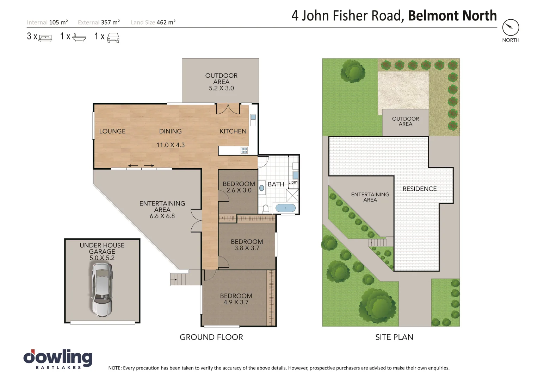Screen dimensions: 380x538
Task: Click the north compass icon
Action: click(511, 27)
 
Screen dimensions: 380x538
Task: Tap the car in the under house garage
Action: click(102, 289)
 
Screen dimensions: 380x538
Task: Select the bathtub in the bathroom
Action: click(285, 208)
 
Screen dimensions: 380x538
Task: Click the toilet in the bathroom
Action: click(266, 209)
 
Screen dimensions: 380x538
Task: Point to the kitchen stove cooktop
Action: click(244, 151)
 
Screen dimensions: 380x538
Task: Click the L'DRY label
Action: click(293, 183)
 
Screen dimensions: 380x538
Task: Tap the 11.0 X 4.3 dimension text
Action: click(171, 145)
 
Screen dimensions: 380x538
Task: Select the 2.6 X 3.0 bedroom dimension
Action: click(239, 190)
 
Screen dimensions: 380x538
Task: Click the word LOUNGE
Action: click(112, 131)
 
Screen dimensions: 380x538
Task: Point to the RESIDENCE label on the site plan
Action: click(419, 189)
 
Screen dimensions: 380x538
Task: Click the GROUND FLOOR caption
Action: click(211, 337)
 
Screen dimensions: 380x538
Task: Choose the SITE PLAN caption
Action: click(394, 337)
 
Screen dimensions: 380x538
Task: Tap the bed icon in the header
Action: click(45, 38)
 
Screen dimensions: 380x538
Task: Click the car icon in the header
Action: click(113, 37)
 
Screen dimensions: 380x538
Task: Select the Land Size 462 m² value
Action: click(166, 22)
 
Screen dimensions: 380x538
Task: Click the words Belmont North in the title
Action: click(452, 16)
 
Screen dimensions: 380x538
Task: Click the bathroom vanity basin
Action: click(262, 188)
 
